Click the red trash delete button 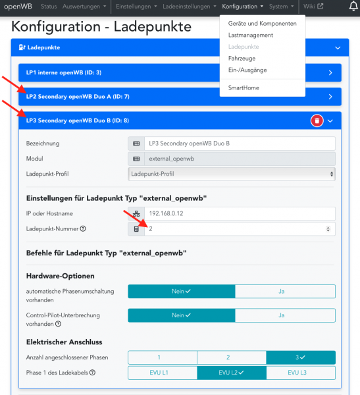317,120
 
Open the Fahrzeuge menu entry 242,59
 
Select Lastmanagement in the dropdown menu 251,35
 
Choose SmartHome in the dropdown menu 244,87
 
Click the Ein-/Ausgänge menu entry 247,70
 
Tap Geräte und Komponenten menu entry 262,23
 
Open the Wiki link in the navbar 313,7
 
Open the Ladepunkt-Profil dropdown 232,174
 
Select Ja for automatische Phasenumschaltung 285,291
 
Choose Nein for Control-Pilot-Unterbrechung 181,315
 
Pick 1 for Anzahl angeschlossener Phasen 158,357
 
